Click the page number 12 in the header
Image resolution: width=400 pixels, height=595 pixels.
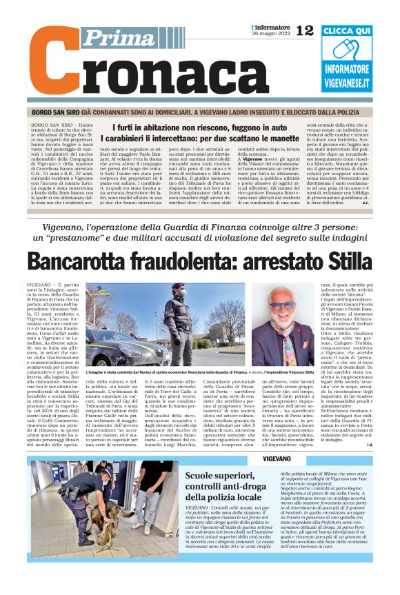pyautogui.click(x=304, y=30)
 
